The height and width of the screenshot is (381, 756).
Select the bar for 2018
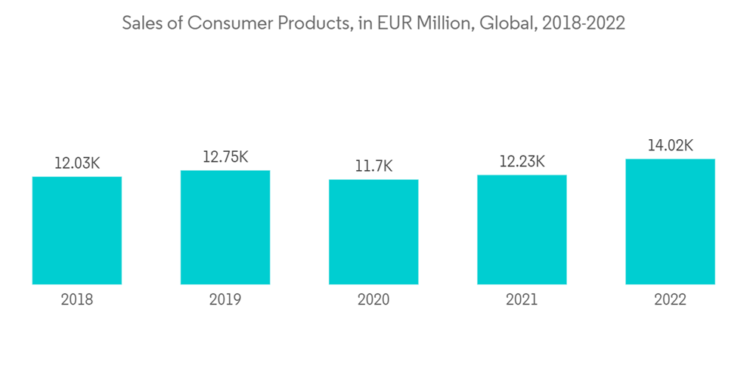77,231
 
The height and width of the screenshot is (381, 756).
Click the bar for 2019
225,228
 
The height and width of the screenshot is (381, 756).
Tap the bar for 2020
373,232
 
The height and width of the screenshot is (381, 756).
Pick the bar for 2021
522,230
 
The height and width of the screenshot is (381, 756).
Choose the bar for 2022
670,221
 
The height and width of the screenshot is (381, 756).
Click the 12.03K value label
77,163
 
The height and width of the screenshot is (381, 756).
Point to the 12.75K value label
225,156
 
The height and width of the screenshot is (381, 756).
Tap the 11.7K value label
373,166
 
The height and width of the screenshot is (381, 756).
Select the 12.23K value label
522,161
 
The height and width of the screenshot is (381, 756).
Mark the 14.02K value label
670,145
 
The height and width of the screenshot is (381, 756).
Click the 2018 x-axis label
77,300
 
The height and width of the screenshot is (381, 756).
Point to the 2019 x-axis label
225,300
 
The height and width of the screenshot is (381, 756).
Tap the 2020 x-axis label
373,300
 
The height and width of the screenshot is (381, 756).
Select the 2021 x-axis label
522,300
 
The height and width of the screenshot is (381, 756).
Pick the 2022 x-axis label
670,300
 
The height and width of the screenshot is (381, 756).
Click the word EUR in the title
391,23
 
